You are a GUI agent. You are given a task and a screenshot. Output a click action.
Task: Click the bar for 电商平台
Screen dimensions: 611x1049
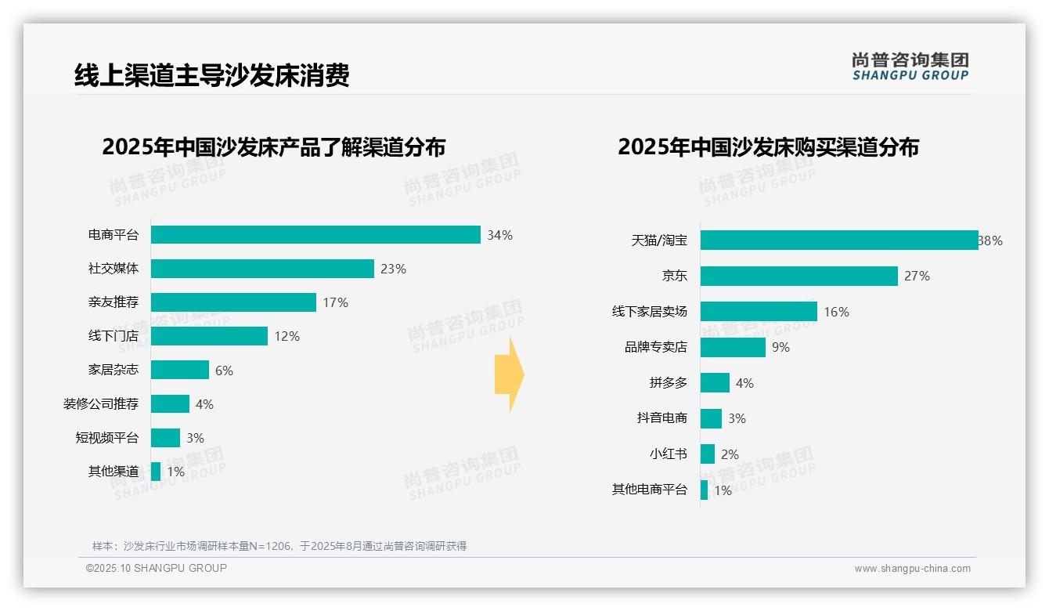(x=315, y=235)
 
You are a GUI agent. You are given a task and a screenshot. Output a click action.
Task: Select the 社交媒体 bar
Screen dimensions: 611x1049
(x=262, y=269)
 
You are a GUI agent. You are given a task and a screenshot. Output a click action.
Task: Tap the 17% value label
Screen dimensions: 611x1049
(x=335, y=302)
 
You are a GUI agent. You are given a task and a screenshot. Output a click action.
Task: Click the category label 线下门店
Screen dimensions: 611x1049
(x=113, y=336)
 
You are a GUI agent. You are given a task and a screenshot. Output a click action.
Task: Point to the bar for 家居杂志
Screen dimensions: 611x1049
(x=180, y=370)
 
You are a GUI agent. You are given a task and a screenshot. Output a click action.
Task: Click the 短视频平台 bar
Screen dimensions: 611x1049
(x=165, y=438)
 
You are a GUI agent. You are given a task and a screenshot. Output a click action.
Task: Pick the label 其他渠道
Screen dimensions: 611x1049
(x=113, y=472)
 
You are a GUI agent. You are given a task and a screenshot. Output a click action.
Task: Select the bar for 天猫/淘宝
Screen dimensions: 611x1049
(x=839, y=240)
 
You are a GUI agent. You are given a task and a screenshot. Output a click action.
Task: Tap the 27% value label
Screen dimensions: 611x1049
(x=917, y=276)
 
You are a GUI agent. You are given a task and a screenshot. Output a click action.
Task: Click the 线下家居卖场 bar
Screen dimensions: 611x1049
(x=759, y=312)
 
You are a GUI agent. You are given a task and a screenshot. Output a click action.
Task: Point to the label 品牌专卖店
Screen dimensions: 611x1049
(x=655, y=347)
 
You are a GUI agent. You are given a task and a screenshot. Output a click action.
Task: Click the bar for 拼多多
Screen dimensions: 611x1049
(x=715, y=383)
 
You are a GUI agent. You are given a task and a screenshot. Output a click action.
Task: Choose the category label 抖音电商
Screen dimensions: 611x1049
(x=661, y=418)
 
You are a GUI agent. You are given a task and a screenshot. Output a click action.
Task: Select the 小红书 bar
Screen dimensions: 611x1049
(x=708, y=454)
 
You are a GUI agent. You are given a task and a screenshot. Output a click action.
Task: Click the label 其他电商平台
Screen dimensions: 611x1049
(x=649, y=490)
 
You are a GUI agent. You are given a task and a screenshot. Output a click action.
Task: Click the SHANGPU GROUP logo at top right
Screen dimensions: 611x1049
(x=910, y=67)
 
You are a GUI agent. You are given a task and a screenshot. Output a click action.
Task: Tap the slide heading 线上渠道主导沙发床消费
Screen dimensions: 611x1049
(x=211, y=75)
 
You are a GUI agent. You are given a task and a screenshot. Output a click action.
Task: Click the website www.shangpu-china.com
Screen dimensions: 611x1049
(x=912, y=569)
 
